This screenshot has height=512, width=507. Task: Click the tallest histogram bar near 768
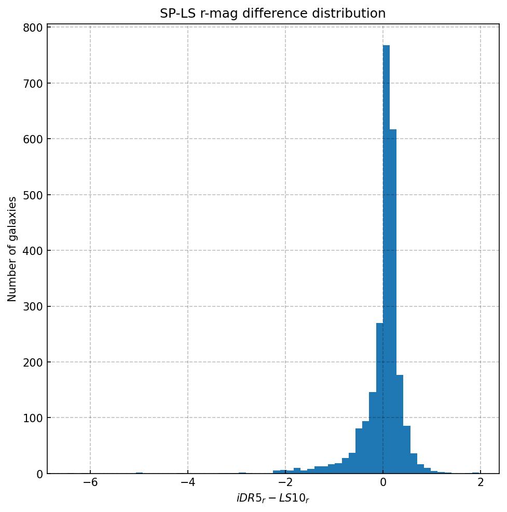click(x=386, y=260)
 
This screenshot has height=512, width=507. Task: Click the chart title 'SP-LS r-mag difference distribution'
click(x=272, y=14)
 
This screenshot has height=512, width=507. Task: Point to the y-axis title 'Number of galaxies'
click(x=12, y=249)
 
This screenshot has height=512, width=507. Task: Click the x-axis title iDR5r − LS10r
click(x=273, y=499)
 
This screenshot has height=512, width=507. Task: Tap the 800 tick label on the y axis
click(x=32, y=28)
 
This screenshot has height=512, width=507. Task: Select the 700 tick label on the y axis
click(x=32, y=84)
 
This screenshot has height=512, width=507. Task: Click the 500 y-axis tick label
click(x=32, y=195)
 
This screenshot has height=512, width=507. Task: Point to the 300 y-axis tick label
click(x=32, y=307)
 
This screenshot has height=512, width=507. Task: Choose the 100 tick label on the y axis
click(x=32, y=418)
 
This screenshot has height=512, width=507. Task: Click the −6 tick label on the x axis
click(x=90, y=482)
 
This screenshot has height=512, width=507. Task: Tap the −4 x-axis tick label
click(x=188, y=482)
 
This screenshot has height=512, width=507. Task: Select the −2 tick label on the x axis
click(x=285, y=482)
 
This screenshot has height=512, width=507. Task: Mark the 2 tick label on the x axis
click(x=481, y=482)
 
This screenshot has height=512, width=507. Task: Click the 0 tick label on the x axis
click(x=383, y=482)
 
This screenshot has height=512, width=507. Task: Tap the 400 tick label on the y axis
click(x=32, y=251)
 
